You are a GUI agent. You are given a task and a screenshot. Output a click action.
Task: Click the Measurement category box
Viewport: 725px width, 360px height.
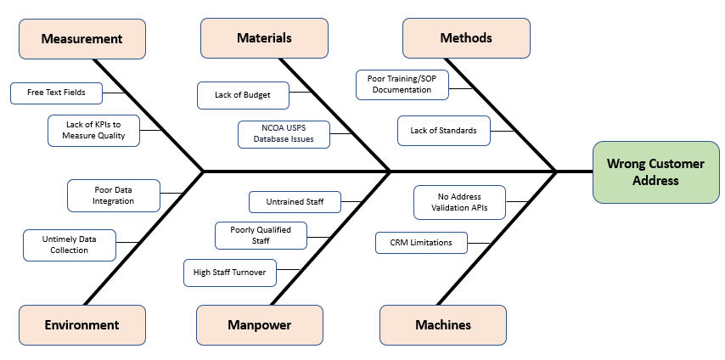(x=81, y=38)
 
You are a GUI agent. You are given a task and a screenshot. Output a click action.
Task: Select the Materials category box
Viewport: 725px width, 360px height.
(x=264, y=38)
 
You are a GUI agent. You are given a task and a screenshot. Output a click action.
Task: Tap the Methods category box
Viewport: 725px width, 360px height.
(x=466, y=38)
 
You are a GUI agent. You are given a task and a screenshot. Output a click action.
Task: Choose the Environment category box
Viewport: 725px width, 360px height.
(x=81, y=324)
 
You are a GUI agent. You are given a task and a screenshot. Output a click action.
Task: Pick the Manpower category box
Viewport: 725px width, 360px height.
(x=260, y=324)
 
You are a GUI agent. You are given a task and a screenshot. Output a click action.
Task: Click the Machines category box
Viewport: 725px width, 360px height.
(x=442, y=324)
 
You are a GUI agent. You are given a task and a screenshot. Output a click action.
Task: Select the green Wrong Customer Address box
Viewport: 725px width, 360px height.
(x=655, y=172)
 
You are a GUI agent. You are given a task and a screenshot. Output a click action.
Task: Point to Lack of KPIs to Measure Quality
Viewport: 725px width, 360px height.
(x=93, y=130)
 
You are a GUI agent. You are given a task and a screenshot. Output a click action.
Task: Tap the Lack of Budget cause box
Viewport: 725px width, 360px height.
(x=243, y=95)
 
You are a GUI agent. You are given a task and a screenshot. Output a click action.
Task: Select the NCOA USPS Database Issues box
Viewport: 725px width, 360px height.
(x=283, y=134)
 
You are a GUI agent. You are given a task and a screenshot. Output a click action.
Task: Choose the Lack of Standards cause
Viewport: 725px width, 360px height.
(x=443, y=131)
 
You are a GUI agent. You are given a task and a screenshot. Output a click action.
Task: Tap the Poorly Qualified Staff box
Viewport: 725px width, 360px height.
(x=261, y=235)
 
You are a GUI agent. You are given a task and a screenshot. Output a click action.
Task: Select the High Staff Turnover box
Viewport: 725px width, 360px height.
(x=229, y=273)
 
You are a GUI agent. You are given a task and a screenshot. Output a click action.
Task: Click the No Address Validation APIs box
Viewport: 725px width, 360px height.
(x=459, y=202)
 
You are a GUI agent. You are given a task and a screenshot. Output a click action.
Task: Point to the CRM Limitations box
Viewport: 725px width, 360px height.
(x=421, y=243)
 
